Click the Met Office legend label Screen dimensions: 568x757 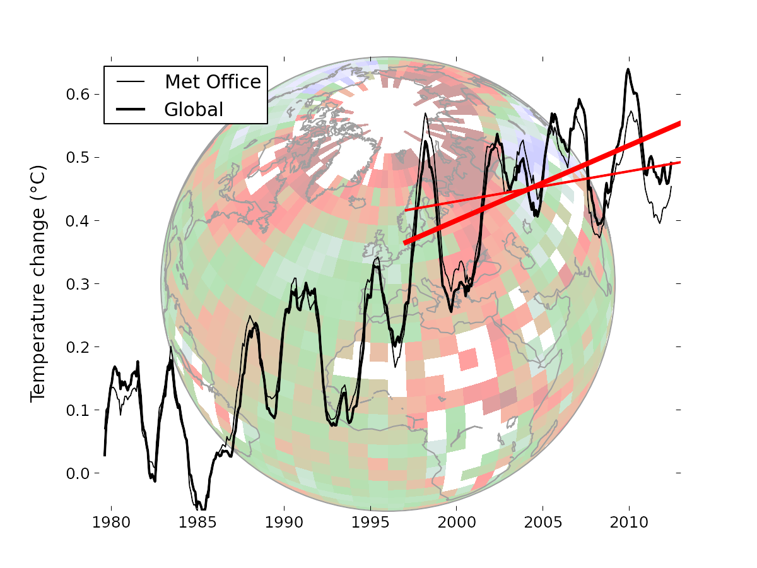213,82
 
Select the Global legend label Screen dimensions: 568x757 194,110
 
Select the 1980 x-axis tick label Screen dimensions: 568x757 111,523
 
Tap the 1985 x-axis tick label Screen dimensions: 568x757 197,523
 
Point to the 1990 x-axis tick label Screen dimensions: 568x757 284,523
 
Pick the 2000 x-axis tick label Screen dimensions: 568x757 456,523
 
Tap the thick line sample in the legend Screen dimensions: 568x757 131,110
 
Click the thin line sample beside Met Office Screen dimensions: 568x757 131,82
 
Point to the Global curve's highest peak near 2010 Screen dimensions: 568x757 628,69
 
